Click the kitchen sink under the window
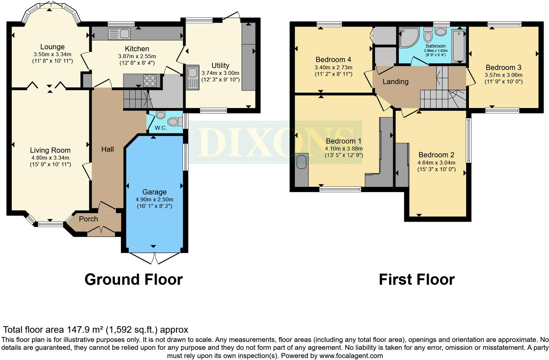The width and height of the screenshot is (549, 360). coord(120,34)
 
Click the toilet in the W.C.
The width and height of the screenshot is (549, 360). coord(174,122)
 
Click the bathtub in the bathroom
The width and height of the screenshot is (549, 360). coord(459,46)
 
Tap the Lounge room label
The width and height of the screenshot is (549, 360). coord(53,47)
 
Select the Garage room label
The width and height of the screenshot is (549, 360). coord(154,192)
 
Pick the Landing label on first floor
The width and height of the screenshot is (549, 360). coord(395,81)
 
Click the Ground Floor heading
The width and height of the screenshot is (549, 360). coord(133,280)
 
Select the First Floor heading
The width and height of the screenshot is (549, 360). coord(416,280)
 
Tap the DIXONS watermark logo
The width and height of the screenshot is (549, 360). coord(276,142)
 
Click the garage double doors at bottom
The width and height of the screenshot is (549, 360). coord(154,258)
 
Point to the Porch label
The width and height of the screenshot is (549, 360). coord(88,219)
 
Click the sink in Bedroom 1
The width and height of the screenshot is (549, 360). coord(301,162)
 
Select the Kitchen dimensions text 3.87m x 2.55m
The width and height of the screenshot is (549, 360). coord(137,56)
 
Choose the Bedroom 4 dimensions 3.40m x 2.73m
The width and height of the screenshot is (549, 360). coord(333,67)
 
